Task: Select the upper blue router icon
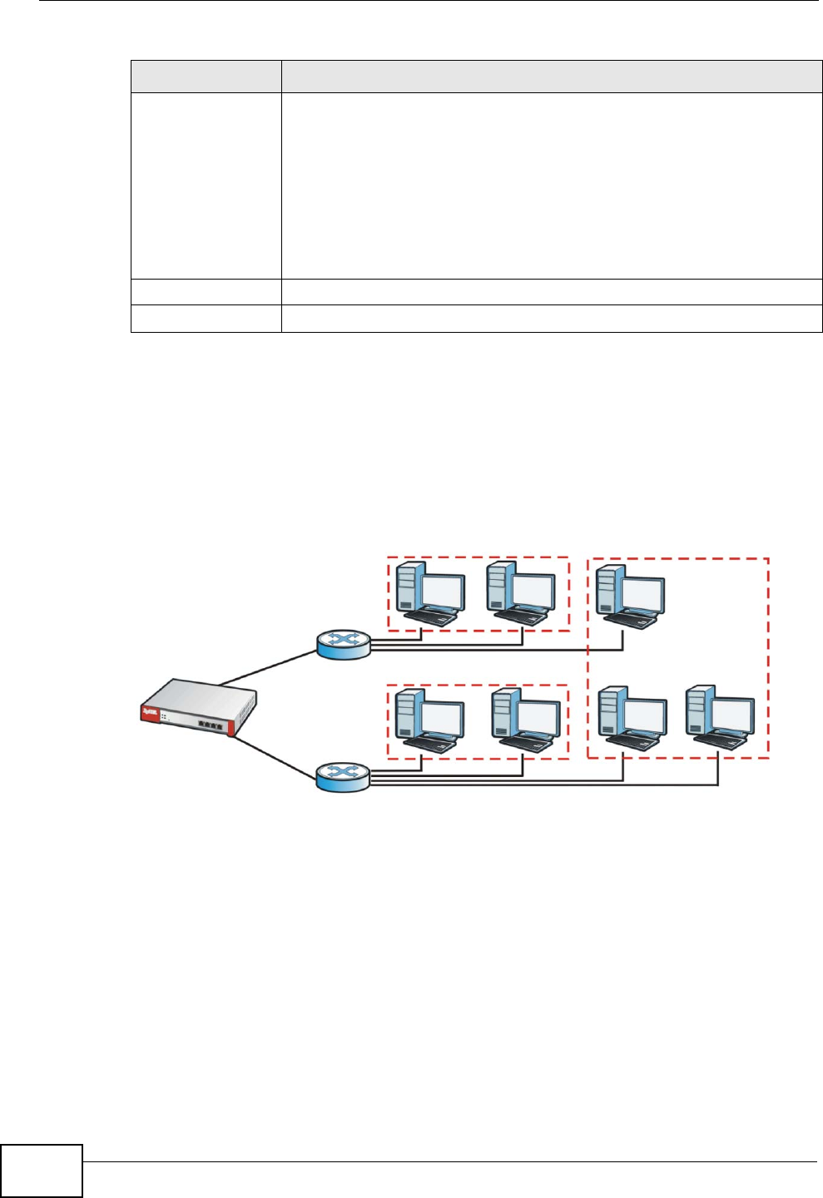[343, 643]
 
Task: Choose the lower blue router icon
[343, 777]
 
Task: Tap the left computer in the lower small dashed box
[429, 721]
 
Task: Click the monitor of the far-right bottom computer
[732, 715]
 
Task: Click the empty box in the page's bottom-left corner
[42, 1171]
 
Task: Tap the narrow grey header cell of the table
[206, 76]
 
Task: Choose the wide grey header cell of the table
[551, 76]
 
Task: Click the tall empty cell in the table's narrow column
[206, 186]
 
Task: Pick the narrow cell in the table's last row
[206, 319]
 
